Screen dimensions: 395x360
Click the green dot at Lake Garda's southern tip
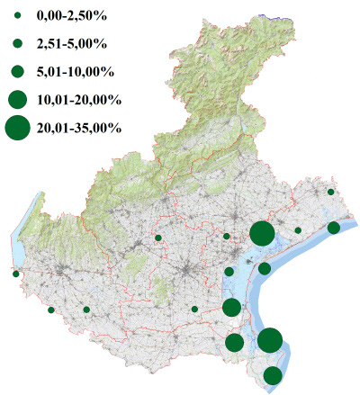15,274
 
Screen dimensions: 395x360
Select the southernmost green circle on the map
273,375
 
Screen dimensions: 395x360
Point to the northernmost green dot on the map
331,193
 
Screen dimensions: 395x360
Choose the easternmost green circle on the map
334,228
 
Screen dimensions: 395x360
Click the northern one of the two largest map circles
262,234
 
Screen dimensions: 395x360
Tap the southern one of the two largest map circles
270,340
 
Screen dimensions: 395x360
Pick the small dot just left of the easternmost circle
298,230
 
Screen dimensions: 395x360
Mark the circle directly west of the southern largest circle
235,342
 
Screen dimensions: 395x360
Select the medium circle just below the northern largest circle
265,268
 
